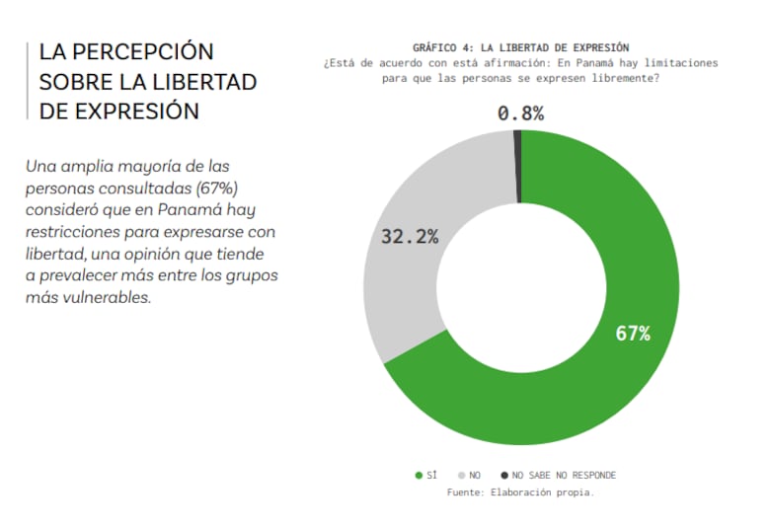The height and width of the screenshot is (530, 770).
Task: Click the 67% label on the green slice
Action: [x=632, y=334]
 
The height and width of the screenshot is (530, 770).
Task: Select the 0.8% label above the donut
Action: [x=520, y=114]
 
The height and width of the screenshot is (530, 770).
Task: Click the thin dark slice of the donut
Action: [x=517, y=143]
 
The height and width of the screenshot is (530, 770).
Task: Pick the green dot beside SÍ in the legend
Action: [x=419, y=476]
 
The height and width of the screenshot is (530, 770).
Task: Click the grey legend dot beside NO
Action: [x=460, y=476]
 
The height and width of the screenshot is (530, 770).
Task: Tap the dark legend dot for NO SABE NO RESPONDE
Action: [x=504, y=476]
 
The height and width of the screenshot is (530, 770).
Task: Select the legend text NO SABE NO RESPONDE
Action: [x=564, y=476]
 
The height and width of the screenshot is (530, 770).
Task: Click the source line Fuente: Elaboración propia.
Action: [x=520, y=492]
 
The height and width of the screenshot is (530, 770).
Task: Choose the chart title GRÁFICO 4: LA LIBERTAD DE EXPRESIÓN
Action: [x=520, y=47]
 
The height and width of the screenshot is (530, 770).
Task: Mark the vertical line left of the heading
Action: [x=28, y=81]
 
